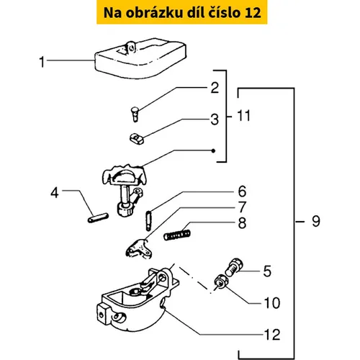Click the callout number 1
click(42, 62)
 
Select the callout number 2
click(215, 88)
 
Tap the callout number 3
click(215, 120)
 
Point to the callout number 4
click(55, 193)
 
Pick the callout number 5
click(267, 271)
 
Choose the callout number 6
click(242, 192)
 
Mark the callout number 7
click(243, 207)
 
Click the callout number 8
click(242, 223)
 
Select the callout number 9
click(316, 221)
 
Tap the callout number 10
click(272, 303)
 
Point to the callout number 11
click(243, 116)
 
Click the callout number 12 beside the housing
click(272, 335)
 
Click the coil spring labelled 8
click(177, 235)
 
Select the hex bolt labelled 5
click(234, 267)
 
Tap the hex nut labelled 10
click(221, 282)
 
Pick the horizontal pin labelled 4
click(98, 218)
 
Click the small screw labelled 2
click(135, 114)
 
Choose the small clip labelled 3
click(137, 139)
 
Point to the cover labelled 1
click(140, 58)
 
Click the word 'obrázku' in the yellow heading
click(154, 12)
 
